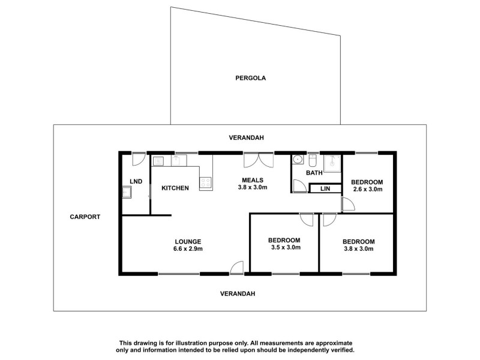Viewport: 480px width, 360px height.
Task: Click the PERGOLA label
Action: (250, 78)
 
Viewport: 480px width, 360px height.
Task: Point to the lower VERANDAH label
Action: (238, 293)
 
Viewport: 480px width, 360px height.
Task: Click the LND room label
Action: (136, 181)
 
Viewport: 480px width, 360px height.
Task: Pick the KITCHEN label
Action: (175, 188)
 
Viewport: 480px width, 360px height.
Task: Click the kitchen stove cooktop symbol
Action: (206, 182)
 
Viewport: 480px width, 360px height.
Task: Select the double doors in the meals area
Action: (258, 161)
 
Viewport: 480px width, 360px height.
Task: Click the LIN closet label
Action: (325, 189)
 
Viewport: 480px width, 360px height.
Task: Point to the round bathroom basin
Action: (297, 160)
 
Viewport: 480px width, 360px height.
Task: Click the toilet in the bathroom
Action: (313, 161)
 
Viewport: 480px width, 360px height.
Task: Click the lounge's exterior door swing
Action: (236, 268)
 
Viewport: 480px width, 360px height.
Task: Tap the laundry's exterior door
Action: (139, 158)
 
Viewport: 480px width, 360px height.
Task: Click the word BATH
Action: (314, 173)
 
